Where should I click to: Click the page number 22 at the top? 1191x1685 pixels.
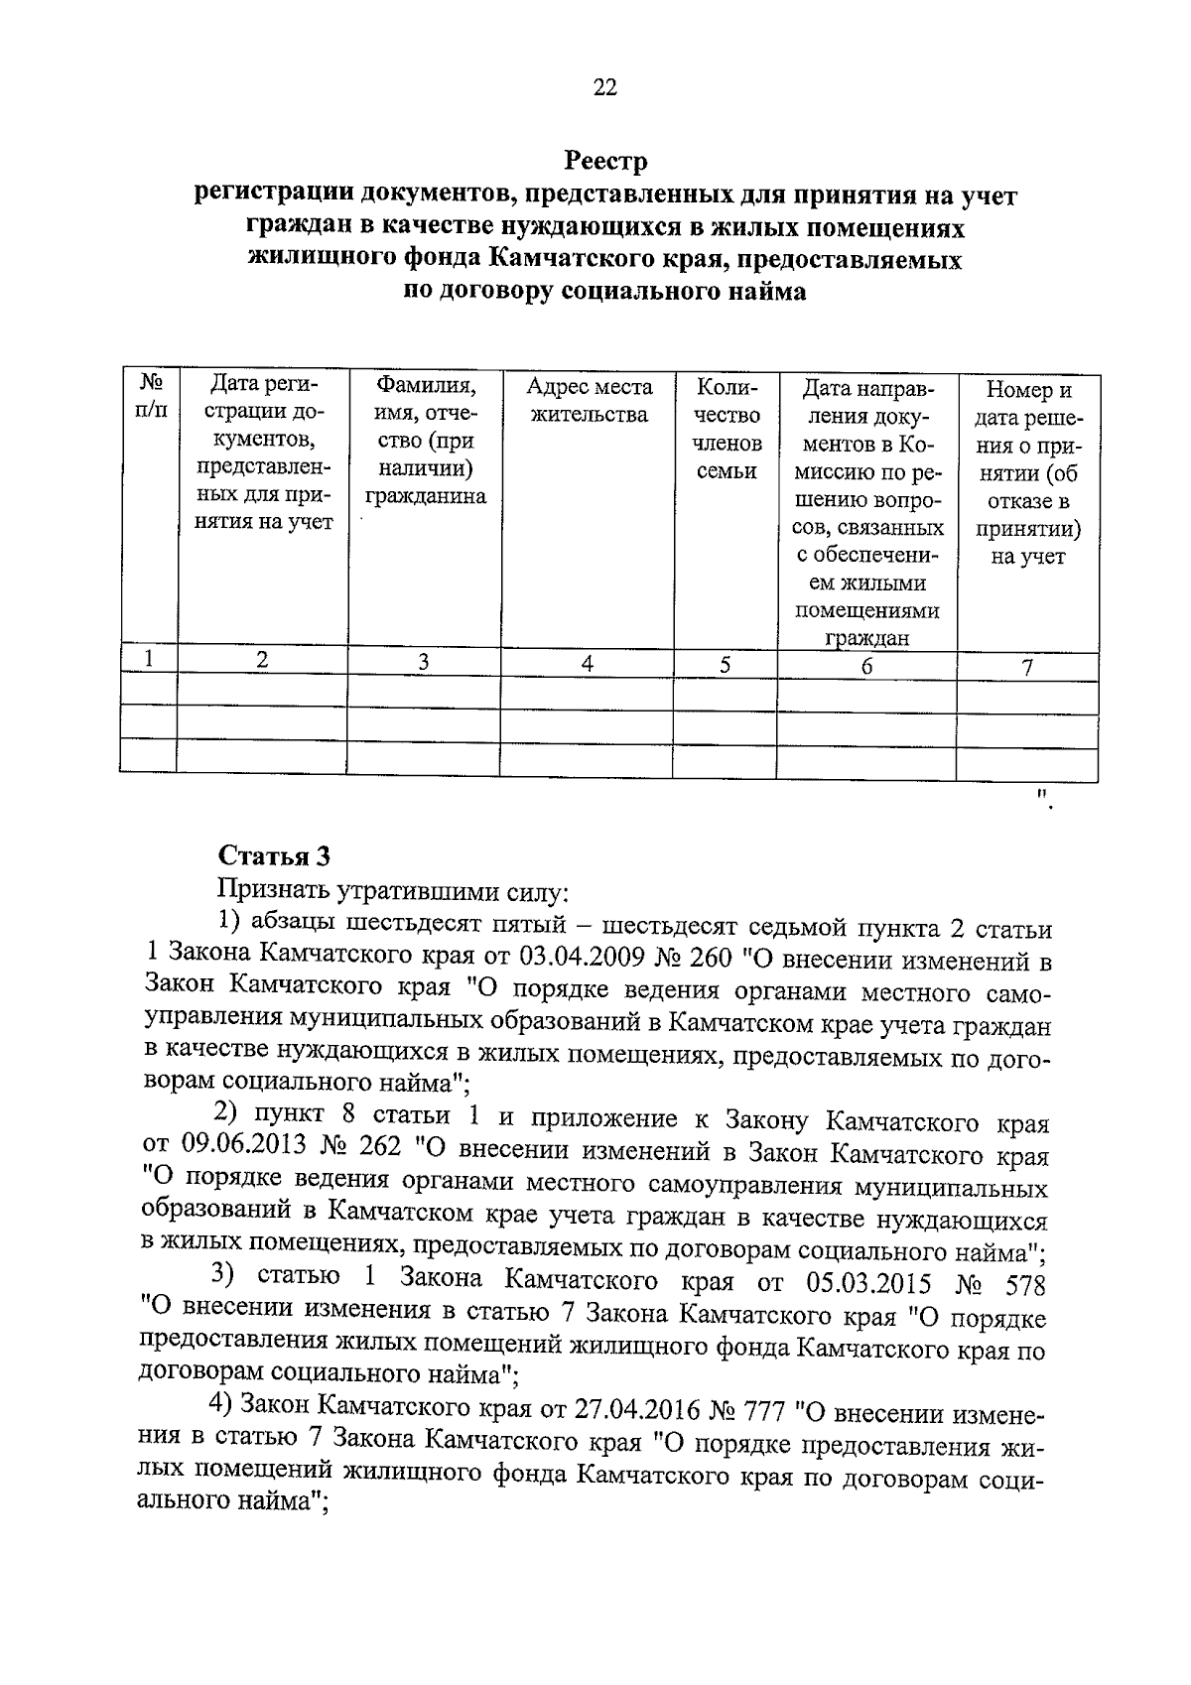click(604, 88)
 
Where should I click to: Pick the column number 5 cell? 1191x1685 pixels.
click(726, 665)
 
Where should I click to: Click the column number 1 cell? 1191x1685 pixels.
click(149, 658)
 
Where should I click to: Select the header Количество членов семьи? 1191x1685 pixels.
click(727, 429)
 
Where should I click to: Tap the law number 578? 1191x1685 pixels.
click(1025, 1286)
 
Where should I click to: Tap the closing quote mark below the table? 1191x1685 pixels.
click(1042, 800)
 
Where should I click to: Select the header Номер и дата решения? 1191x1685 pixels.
click(1027, 473)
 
